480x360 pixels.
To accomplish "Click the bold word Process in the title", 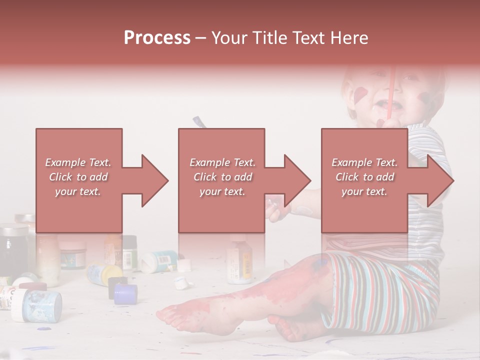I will click(157, 38).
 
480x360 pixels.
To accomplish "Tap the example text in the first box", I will click(78, 177).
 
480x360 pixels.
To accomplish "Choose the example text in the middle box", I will click(222, 177).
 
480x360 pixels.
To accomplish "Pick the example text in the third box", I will click(364, 177).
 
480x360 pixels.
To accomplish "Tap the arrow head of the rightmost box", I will click(439, 180).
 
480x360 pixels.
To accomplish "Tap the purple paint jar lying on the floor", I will click(125, 294).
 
